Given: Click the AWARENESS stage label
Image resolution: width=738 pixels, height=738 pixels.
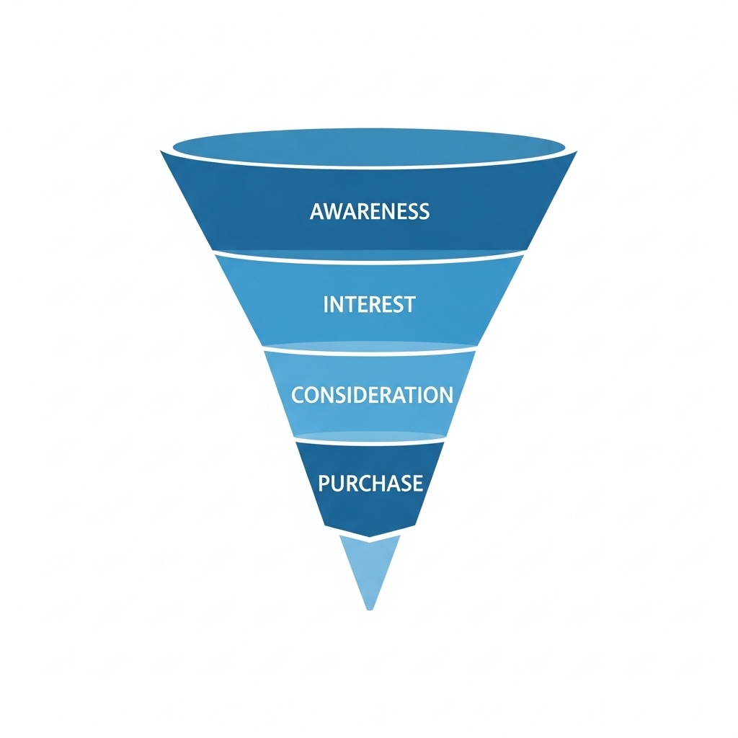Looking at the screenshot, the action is click(370, 211).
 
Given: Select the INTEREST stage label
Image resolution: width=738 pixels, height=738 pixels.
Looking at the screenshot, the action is click(370, 305).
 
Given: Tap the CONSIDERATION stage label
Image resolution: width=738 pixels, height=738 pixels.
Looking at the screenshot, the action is click(372, 394).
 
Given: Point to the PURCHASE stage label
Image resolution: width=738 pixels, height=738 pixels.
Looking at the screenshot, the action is click(370, 484).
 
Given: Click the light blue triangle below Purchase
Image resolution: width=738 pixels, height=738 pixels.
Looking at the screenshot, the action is click(370, 567).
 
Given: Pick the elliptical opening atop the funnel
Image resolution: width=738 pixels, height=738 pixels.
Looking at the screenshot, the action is click(369, 146).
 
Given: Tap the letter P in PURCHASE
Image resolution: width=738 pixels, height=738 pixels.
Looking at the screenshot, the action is click(324, 484).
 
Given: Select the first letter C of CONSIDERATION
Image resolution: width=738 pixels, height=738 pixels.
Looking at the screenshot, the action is click(298, 395).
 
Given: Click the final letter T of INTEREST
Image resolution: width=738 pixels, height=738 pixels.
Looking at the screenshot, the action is click(409, 305).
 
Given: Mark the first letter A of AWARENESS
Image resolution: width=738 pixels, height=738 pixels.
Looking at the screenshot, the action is click(317, 211).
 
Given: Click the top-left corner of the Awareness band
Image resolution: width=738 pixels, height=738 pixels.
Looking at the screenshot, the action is click(161, 151).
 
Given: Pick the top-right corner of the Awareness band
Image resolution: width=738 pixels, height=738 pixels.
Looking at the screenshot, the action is click(577, 151).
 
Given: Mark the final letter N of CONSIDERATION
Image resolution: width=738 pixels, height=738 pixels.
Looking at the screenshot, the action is click(445, 395).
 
